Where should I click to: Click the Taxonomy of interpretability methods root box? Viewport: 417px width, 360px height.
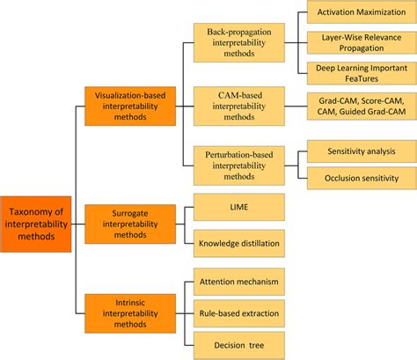[35, 224]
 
